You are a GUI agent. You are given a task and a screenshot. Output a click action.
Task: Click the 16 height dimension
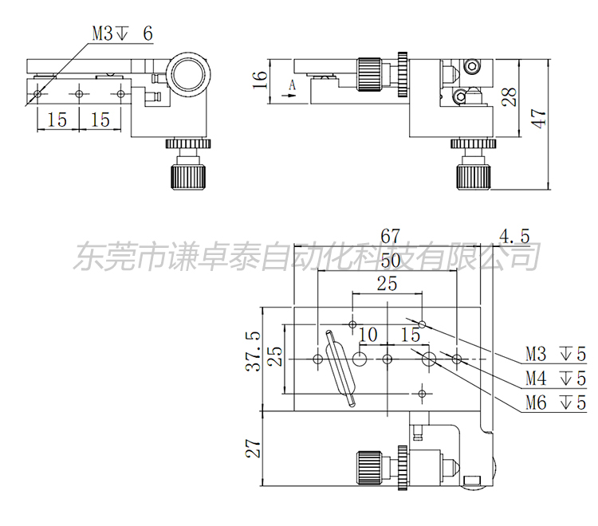258,80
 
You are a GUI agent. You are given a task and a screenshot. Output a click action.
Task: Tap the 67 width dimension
389,236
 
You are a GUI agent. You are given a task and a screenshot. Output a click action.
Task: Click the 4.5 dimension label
513,236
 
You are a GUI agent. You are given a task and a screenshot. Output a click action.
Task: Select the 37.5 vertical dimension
253,351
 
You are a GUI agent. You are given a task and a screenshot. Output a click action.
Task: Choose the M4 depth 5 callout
555,377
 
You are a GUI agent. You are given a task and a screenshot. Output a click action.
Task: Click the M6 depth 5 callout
555,402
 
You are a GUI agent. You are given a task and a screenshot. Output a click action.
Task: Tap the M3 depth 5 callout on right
555,352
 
